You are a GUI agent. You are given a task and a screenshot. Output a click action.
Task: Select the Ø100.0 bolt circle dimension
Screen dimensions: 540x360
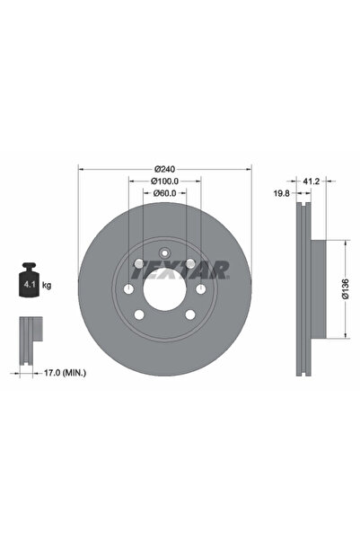pyautogui.click(x=163, y=181)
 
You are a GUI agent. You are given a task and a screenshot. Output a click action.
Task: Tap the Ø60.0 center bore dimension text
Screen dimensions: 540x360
pyautogui.click(x=163, y=193)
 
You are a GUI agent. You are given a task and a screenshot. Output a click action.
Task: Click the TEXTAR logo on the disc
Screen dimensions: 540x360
pyautogui.click(x=193, y=269)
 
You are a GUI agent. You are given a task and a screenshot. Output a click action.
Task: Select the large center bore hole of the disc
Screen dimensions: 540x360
pyautogui.click(x=163, y=289)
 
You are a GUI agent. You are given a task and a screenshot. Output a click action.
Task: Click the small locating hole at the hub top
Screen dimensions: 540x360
pyautogui.click(x=163, y=253)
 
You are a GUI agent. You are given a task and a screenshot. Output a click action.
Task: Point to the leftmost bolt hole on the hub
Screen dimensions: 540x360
pyautogui.click(x=128, y=289)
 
